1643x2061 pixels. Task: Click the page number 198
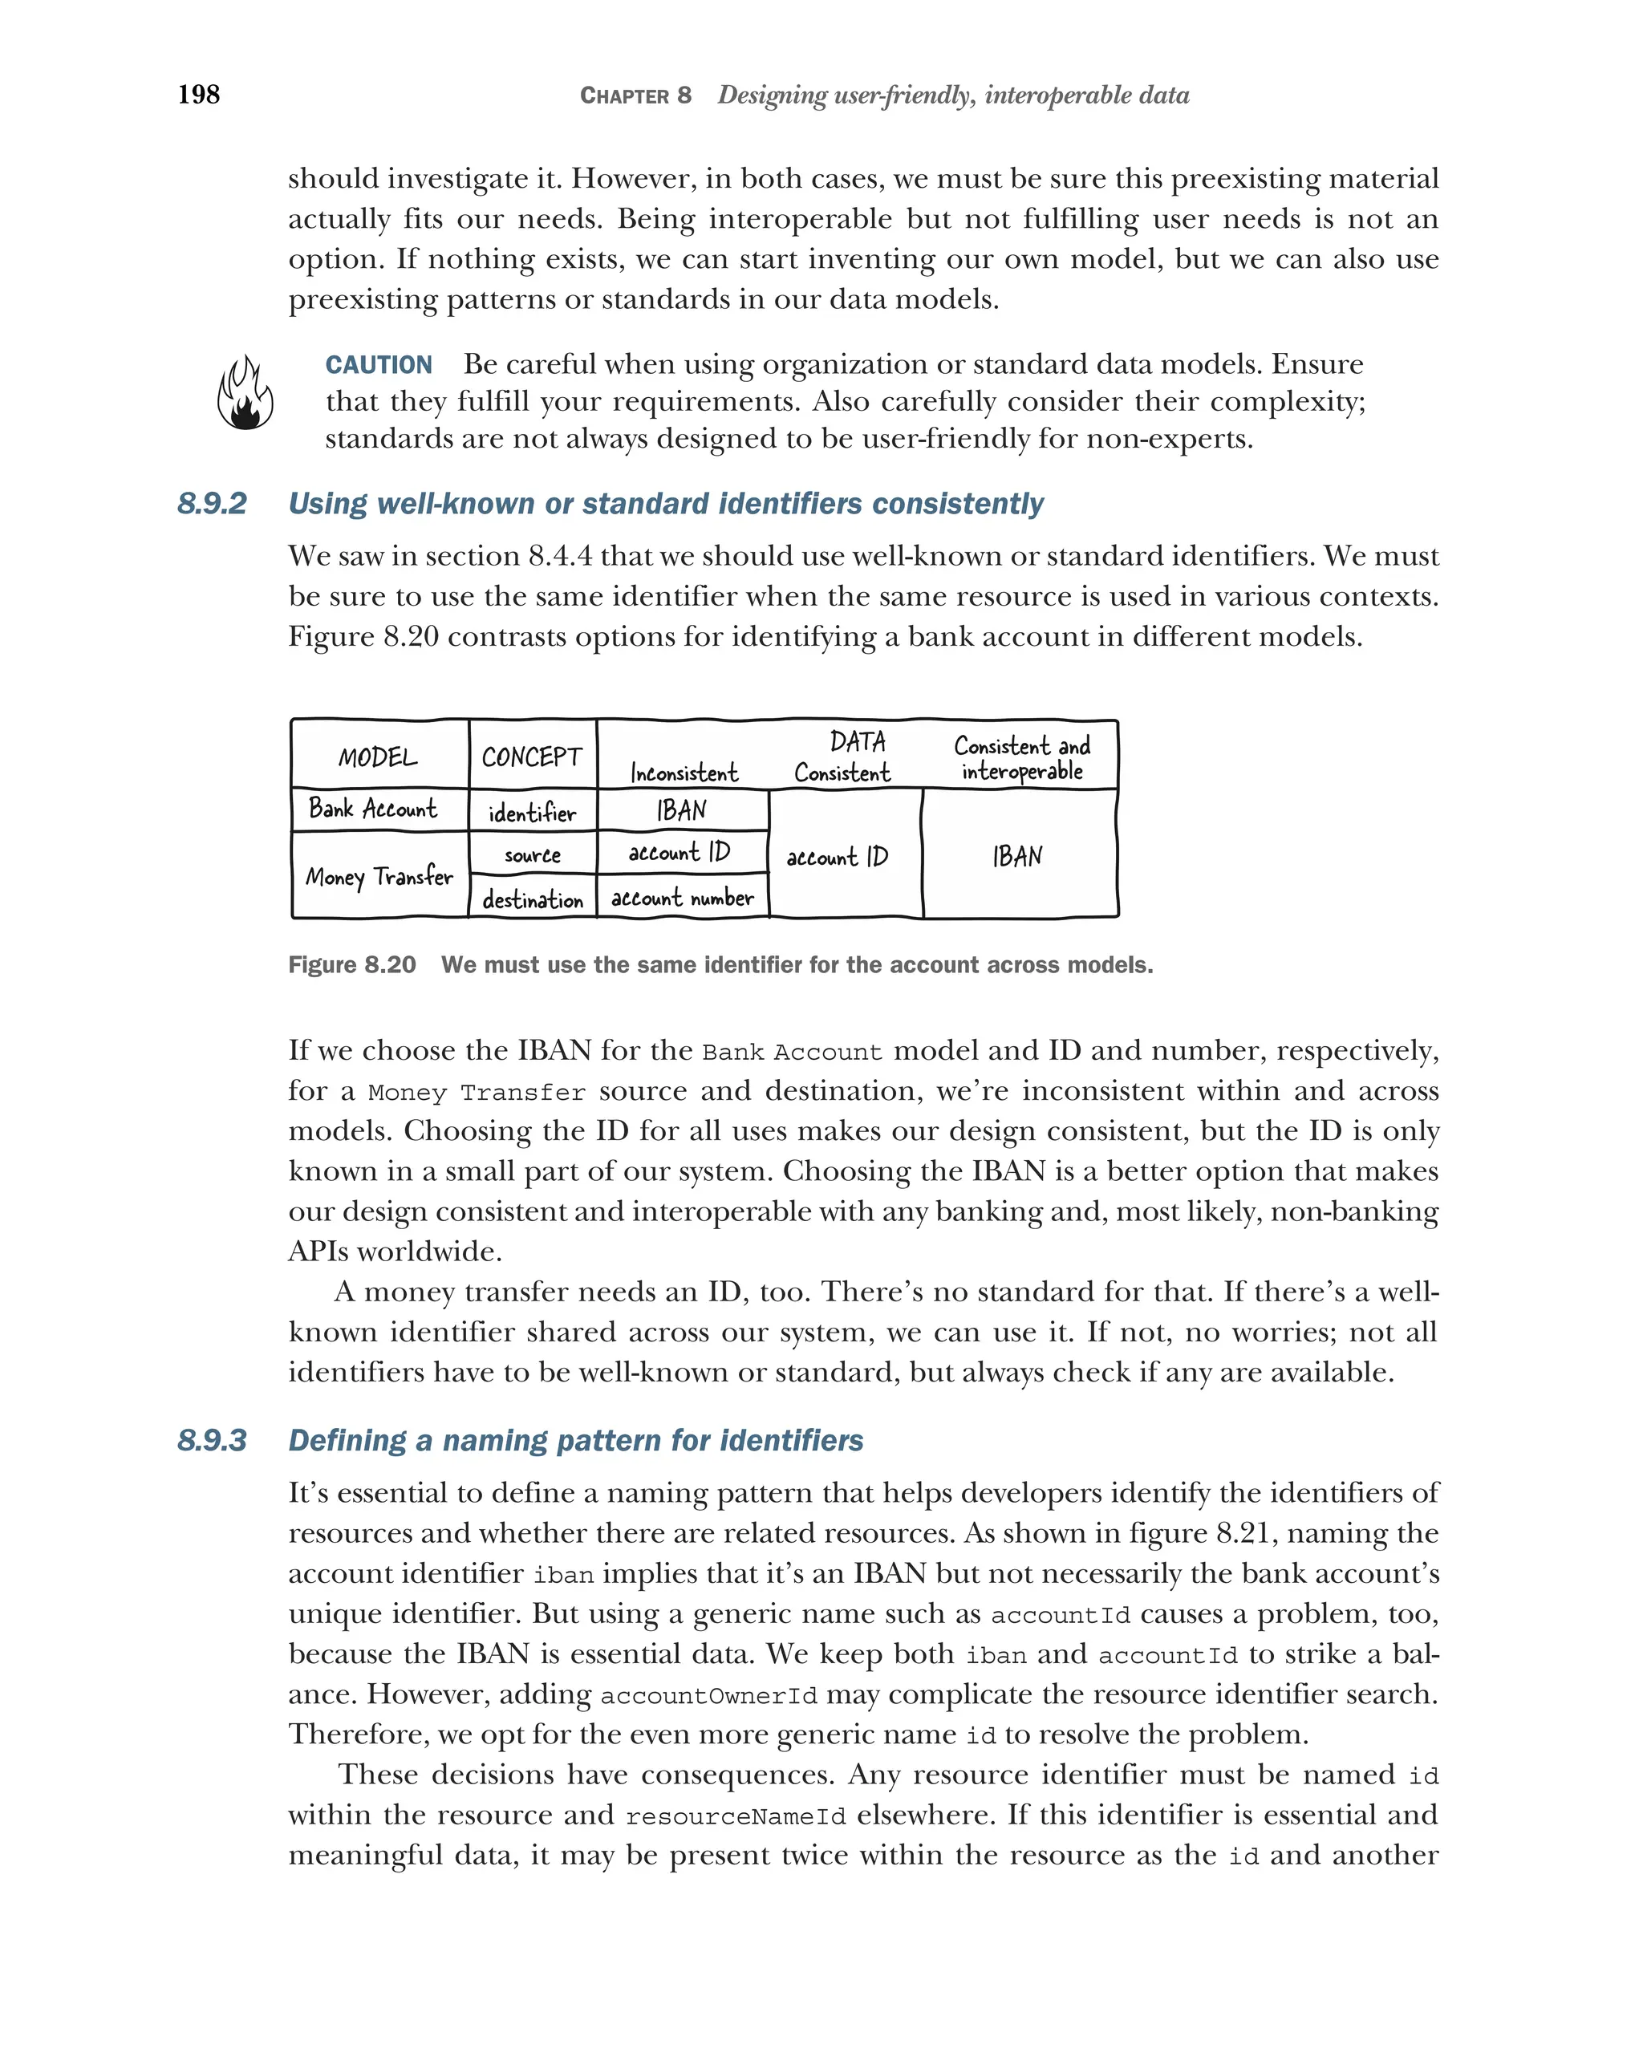(x=199, y=95)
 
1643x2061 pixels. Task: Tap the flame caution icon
(x=245, y=393)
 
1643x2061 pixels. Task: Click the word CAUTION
(x=379, y=365)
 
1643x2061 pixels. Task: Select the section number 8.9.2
(x=212, y=504)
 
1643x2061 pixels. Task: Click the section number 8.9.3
(x=212, y=1441)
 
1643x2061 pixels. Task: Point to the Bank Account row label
(x=373, y=809)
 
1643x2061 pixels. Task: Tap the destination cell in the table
(x=533, y=899)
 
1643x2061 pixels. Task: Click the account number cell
(x=683, y=898)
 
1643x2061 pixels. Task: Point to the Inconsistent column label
(x=684, y=773)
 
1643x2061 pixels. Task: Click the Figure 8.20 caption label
(x=351, y=964)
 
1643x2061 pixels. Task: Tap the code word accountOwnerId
(x=708, y=1696)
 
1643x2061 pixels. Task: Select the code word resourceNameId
(x=735, y=1816)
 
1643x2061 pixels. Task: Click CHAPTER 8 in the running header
(x=635, y=95)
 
